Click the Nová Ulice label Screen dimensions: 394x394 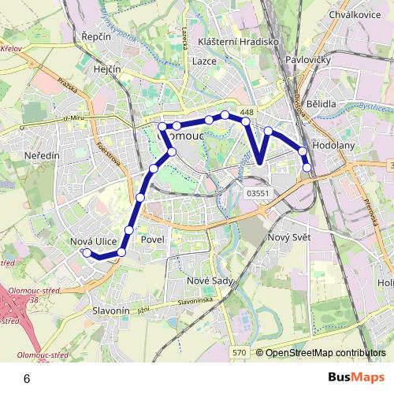[94, 241]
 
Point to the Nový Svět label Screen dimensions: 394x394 [290, 238]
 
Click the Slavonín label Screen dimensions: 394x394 [111, 311]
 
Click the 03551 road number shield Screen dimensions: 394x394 [258, 192]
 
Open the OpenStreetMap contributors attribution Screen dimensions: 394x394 [325, 354]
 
